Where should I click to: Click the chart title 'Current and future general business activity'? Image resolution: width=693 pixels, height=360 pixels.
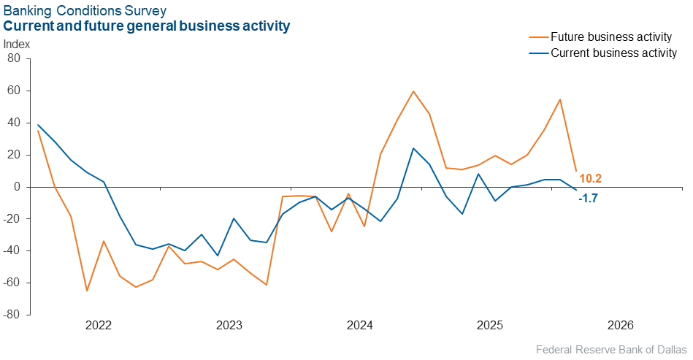click(x=147, y=26)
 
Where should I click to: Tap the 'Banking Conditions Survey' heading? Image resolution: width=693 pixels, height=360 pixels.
click(x=85, y=10)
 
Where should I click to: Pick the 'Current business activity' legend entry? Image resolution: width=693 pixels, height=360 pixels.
click(x=606, y=53)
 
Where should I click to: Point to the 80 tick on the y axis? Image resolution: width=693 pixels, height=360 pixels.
click(x=14, y=58)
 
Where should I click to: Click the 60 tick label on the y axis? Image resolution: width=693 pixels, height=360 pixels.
click(x=14, y=91)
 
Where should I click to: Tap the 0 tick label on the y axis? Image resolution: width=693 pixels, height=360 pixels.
click(x=18, y=187)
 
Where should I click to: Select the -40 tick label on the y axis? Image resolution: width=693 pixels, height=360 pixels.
click(x=12, y=250)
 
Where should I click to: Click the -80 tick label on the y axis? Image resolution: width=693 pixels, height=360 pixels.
click(x=12, y=315)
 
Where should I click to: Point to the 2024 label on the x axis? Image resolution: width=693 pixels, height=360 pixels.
click(x=360, y=326)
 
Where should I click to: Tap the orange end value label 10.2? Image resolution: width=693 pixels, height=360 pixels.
click(x=590, y=178)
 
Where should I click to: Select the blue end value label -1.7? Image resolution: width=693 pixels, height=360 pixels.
click(x=589, y=198)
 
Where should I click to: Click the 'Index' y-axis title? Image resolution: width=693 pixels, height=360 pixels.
click(x=17, y=44)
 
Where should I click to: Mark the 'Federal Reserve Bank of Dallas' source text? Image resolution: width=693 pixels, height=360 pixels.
click(x=611, y=348)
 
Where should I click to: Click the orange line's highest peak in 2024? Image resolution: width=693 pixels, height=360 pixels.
click(x=413, y=91)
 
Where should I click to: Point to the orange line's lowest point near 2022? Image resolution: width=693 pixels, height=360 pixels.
click(x=87, y=291)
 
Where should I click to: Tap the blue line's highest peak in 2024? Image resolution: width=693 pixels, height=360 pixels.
click(x=413, y=148)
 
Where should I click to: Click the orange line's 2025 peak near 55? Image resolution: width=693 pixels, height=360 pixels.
click(x=560, y=99)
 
